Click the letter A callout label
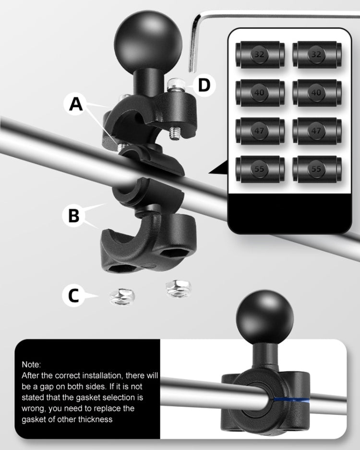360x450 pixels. pos(75,104)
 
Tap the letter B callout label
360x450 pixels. pos(73,216)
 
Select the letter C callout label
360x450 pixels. pos(73,295)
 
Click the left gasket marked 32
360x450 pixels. pos(260,55)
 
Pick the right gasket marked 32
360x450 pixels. pos(316,55)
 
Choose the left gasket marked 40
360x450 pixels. pos(260,93)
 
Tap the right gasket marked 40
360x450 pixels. pos(316,93)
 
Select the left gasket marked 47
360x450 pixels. pos(260,131)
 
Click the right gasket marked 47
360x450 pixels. pos(316,131)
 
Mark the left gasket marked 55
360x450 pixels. pos(260,169)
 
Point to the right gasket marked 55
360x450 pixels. pos(316,169)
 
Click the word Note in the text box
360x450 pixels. pos(32,365)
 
